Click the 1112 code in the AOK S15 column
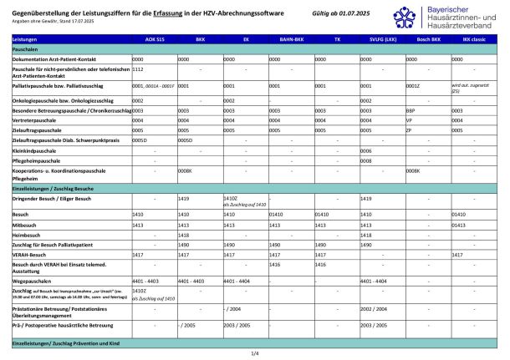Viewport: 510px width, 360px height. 138,70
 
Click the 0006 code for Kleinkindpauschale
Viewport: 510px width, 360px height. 365,150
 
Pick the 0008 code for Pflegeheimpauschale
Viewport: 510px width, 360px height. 365,160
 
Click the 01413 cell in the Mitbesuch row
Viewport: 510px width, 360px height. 458,225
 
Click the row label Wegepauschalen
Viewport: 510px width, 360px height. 34,281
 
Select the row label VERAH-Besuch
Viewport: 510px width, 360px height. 31,254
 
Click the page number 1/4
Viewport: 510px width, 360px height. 255,353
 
